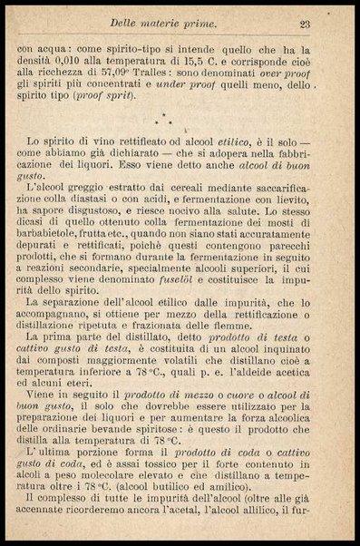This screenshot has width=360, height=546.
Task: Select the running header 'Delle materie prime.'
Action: (162, 24)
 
